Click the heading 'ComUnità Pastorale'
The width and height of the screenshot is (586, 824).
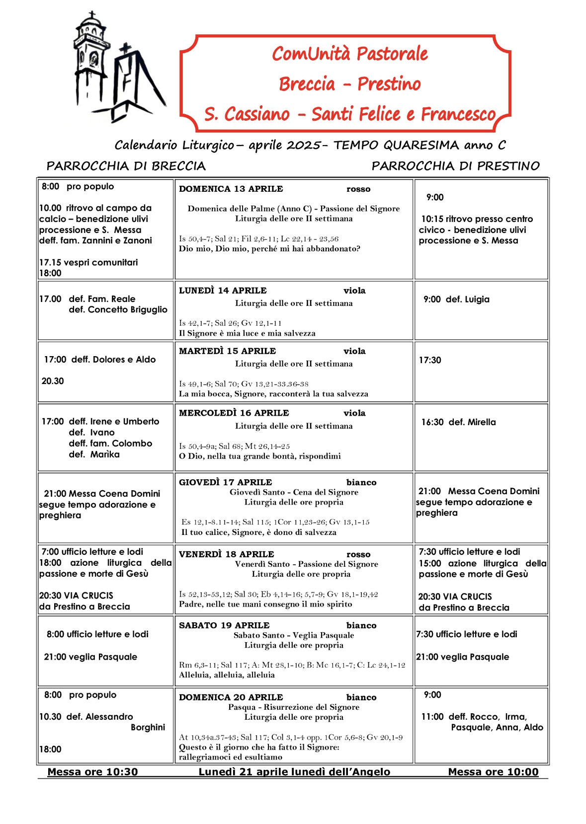click(x=349, y=54)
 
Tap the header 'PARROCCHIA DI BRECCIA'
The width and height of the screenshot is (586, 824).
click(x=126, y=166)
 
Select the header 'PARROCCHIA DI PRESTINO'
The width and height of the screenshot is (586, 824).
click(x=455, y=166)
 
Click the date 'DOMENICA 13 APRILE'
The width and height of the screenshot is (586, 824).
click(x=231, y=189)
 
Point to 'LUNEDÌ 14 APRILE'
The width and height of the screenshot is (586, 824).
click(x=223, y=291)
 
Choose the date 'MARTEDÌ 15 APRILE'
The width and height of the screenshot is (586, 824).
click(x=227, y=351)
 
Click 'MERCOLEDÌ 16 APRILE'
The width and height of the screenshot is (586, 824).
click(x=234, y=413)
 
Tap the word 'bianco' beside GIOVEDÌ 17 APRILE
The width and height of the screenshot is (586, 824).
click(x=361, y=482)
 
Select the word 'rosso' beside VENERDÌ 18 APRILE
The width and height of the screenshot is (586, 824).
click(x=358, y=554)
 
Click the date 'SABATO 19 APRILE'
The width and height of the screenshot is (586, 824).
click(x=224, y=625)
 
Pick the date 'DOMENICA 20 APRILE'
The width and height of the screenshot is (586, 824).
click(x=231, y=697)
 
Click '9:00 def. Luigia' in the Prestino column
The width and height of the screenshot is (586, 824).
click(x=456, y=300)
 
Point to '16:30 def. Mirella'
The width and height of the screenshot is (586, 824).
click(x=458, y=422)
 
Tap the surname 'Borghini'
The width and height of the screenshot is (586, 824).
click(x=148, y=728)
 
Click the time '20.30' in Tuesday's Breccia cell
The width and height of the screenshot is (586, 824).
click(x=53, y=381)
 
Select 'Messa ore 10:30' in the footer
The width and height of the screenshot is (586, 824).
click(x=92, y=772)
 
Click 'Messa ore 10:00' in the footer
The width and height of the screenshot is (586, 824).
click(x=493, y=772)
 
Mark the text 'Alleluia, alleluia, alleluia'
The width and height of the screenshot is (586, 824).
click(x=227, y=675)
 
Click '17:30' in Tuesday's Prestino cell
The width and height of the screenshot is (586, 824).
click(x=430, y=360)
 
